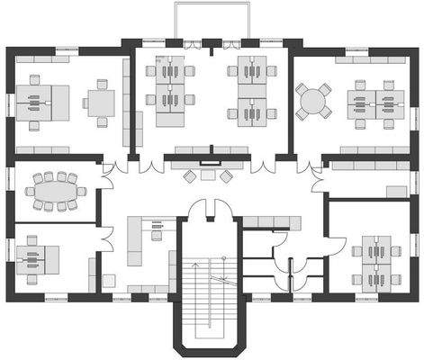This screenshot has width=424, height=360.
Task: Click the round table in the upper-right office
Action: tap(314, 100)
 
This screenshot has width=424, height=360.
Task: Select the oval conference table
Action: tap(57, 191)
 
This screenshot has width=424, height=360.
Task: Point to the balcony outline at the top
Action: tap(211, 20)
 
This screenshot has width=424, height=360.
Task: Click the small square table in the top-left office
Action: tap(101, 103)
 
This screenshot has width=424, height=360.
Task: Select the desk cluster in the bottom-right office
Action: tap(376, 260)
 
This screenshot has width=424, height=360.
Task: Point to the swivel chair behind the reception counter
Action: tap(157, 236)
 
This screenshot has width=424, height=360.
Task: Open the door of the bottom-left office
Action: tap(104, 238)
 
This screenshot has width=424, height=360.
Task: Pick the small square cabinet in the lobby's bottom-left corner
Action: tap(108, 280)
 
